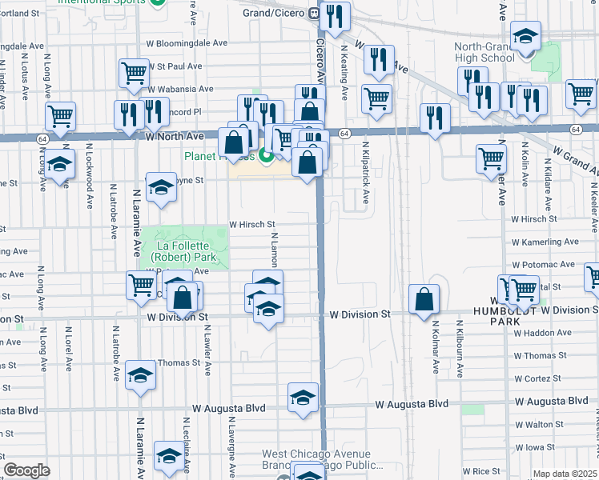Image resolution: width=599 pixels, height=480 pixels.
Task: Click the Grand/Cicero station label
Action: tap(274, 13)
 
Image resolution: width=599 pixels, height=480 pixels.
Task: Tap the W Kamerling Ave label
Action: tap(544, 242)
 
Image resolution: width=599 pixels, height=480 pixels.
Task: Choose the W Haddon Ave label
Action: tap(542, 333)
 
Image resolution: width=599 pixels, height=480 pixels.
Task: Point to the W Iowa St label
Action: tap(541, 447)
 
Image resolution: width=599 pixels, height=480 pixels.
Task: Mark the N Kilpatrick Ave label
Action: tap(366, 174)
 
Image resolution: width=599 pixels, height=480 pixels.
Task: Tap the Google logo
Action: tap(27, 470)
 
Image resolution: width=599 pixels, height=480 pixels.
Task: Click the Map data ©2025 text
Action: tap(565, 474)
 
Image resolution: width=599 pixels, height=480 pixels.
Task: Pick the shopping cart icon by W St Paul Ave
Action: tap(134, 73)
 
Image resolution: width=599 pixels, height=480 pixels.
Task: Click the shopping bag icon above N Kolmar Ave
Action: tap(424, 300)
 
